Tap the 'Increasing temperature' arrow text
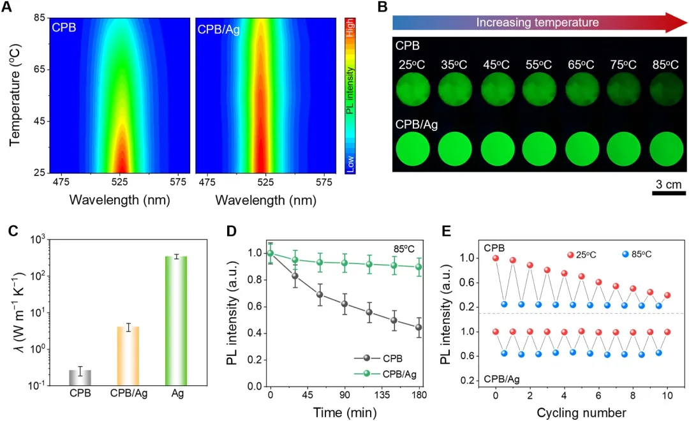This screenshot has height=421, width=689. point(537,22)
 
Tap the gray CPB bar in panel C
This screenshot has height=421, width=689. point(80,378)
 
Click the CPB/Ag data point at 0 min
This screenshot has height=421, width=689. point(270,253)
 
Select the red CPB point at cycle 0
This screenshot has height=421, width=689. point(496,258)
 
